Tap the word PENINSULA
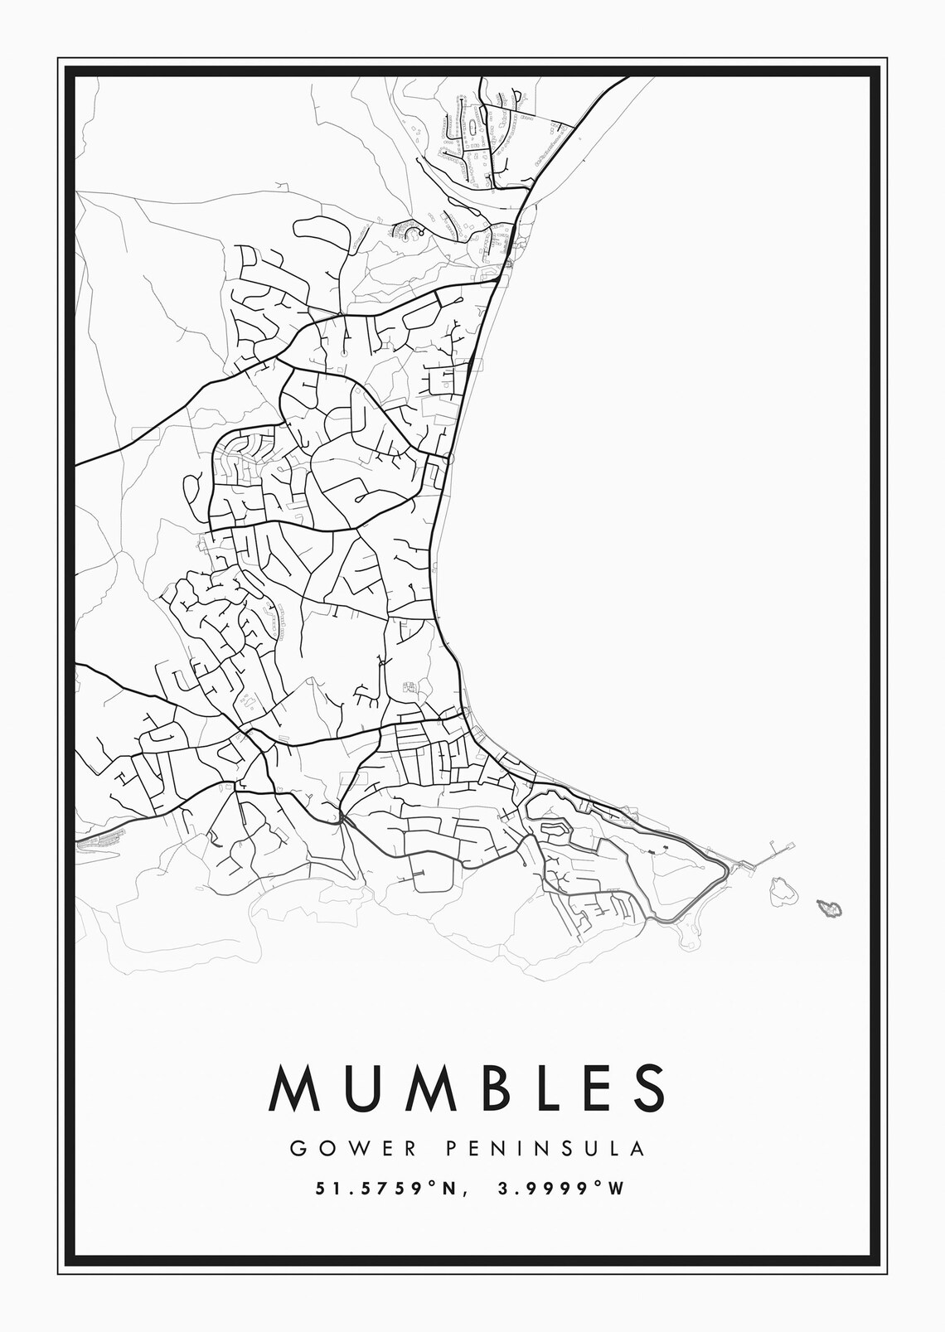coord(545,1149)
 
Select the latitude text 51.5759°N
coord(386,1189)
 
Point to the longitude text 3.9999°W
coord(560,1189)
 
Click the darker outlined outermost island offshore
coord(829,908)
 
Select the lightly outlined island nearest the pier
coord(782,891)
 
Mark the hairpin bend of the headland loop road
coord(726,869)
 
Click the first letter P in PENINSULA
coord(452,1149)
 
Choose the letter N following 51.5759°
coord(448,1189)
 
